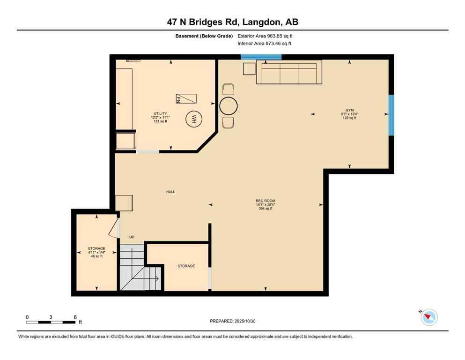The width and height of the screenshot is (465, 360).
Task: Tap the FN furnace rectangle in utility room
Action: pyautogui.click(x=186, y=98)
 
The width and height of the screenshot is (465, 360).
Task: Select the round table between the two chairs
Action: pyautogui.click(x=229, y=105)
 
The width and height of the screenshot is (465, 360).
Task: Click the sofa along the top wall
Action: pyautogui.click(x=289, y=73)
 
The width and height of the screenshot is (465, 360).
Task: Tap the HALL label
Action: pyautogui.click(x=170, y=192)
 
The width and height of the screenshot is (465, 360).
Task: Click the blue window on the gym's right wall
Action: pyautogui.click(x=391, y=115)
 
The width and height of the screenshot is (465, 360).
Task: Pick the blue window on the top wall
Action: pyautogui.click(x=261, y=57)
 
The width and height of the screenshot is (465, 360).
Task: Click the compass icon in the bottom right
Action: pyautogui.click(x=429, y=317)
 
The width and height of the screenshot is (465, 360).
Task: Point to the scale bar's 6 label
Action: pyautogui.click(x=75, y=317)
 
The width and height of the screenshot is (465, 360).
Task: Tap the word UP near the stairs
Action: pyautogui.click(x=132, y=237)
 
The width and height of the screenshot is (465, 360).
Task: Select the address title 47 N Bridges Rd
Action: pyautogui.click(x=232, y=22)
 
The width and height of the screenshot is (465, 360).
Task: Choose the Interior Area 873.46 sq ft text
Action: pyautogui.click(x=265, y=44)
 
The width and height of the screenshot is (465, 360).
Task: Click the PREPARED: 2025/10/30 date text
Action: pyautogui.click(x=233, y=321)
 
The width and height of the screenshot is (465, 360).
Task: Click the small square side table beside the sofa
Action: pyautogui.click(x=249, y=68)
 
